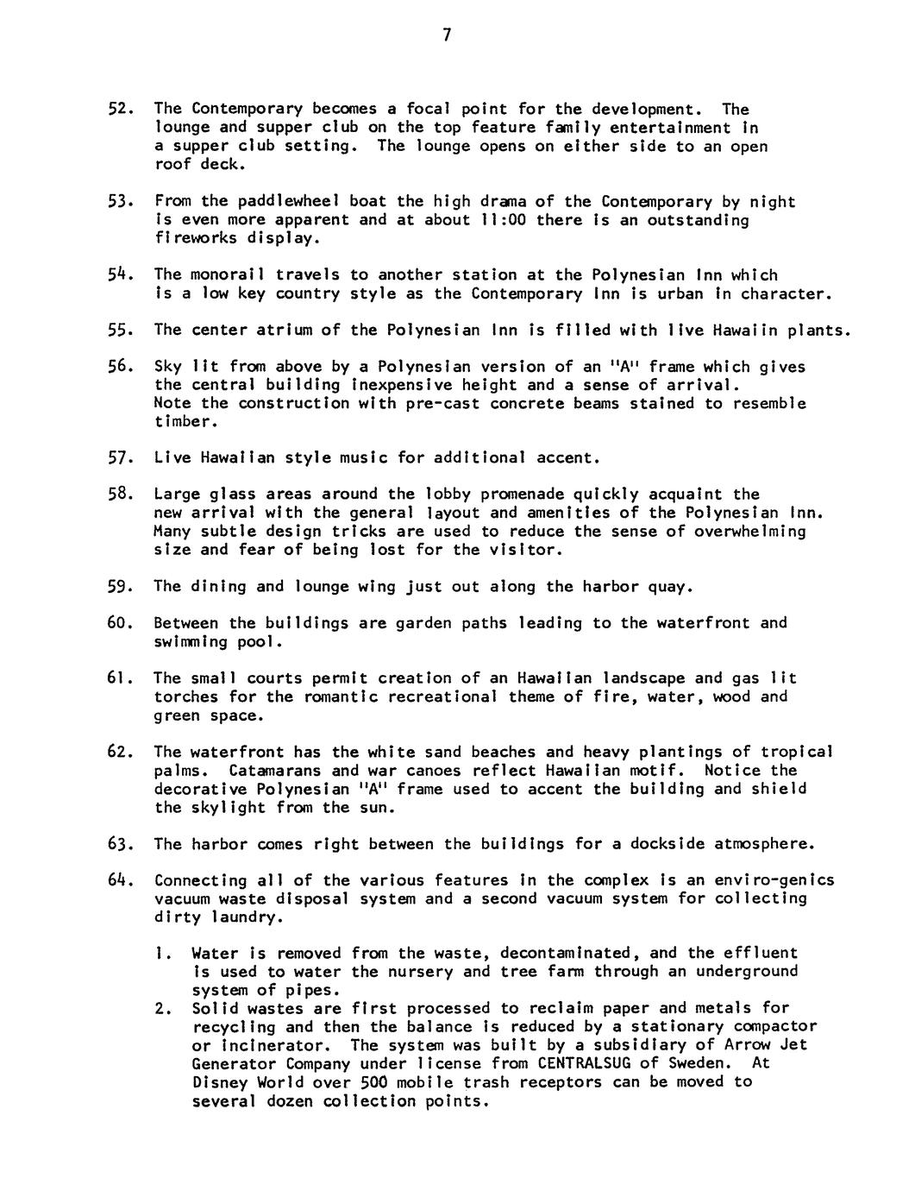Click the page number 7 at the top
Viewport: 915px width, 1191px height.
[447, 35]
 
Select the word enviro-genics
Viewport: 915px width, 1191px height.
[779, 880]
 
